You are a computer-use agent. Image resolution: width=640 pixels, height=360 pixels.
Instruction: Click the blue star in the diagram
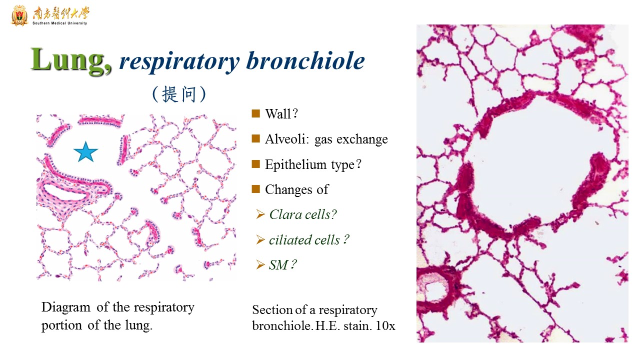85,151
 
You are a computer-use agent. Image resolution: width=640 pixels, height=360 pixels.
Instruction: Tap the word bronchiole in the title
305,60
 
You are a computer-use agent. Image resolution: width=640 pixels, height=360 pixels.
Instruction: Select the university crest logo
19,15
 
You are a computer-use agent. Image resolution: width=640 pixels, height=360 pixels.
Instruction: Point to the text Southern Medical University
59,23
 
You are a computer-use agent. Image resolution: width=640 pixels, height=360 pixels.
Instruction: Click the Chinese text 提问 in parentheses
179,94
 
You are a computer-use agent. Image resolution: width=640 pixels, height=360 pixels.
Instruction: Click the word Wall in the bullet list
277,113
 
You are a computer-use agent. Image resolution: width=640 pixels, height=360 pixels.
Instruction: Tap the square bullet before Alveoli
255,138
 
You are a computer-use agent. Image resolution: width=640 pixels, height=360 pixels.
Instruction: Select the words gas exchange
351,139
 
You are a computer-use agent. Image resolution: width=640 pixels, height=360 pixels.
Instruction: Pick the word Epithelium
295,164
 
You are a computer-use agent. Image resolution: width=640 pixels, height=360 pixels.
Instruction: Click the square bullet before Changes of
255,189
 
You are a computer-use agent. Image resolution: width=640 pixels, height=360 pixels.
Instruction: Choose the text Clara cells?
303,214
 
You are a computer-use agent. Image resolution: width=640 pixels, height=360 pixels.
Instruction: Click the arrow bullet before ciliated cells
260,239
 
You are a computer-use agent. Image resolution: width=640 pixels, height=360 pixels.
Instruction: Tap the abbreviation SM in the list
278,265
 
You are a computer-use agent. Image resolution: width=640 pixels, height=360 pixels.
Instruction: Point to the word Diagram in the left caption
65,307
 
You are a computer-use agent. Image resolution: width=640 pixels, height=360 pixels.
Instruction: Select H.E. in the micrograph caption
327,325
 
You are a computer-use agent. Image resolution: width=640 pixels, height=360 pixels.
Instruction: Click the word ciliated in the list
290,239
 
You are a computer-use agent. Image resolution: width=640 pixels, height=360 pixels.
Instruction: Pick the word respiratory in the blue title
179,61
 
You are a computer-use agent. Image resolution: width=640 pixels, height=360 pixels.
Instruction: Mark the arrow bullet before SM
260,264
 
